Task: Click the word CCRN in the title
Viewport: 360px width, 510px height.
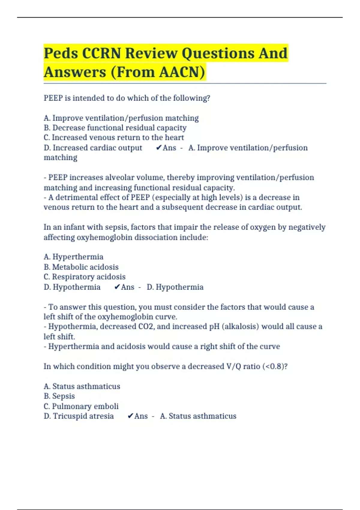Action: [x=101, y=53]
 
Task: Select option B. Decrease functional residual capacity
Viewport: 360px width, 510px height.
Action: [x=115, y=128]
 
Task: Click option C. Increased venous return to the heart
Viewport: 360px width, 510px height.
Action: [x=114, y=138]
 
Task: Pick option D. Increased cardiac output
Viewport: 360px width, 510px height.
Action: [x=93, y=148]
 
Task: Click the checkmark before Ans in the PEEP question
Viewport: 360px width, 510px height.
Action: [x=159, y=148]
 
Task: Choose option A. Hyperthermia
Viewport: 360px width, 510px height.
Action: [x=73, y=257]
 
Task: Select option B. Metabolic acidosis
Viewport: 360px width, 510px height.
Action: [x=81, y=267]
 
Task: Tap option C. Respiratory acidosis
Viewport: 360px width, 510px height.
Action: [x=85, y=277]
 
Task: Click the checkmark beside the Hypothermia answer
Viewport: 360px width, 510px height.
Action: [x=117, y=287]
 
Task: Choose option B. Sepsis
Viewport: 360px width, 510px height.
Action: [x=59, y=396]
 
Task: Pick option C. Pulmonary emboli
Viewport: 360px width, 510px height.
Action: [x=81, y=406]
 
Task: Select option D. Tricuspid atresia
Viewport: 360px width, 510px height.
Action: [x=79, y=416]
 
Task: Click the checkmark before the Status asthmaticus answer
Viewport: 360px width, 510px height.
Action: [x=130, y=416]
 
